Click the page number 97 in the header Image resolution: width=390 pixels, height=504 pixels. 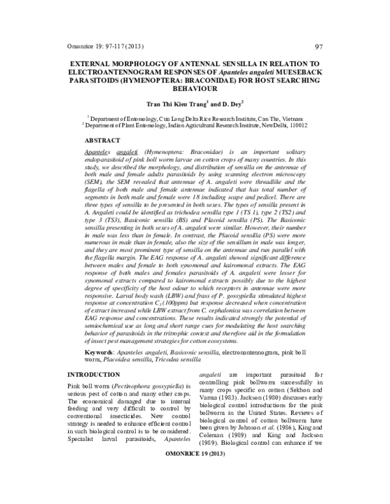(319, 46)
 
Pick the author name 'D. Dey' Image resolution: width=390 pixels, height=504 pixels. (231, 103)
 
